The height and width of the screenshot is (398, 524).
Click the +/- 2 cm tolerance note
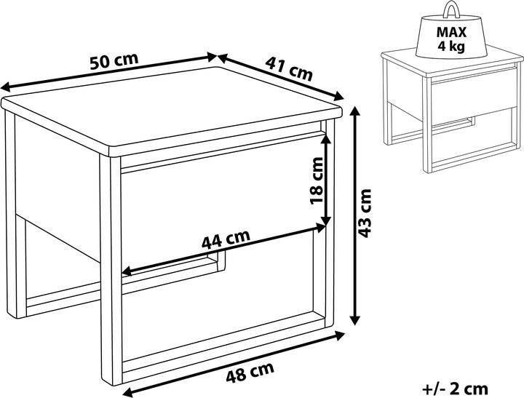(x=455, y=386)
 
